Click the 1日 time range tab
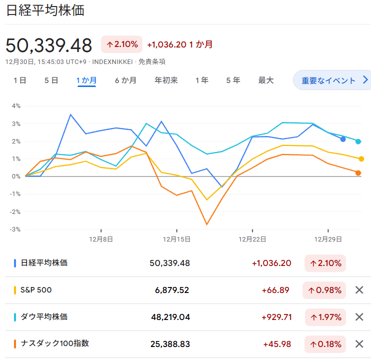pos(20,80)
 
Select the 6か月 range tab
pos(125,80)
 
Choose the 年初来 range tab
pos(166,80)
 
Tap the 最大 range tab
pos(266,80)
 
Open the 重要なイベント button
pos(332,80)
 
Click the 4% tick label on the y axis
pos(16,106)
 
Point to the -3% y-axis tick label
pos(15,229)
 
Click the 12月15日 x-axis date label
pos(176,239)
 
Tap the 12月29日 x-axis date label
pos(328,239)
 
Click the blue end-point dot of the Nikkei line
pos(343,139)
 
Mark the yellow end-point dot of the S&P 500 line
pos(361,159)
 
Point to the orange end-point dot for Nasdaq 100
pos(358,173)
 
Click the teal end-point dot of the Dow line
pos(358,141)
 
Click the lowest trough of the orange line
pos(207,224)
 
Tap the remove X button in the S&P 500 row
pos(359,290)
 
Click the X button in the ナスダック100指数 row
pos(359,344)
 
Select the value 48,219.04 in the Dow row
pos(170,317)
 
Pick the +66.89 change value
pos(275,290)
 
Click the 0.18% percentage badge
pos(325,344)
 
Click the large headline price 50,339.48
pos(48,45)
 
